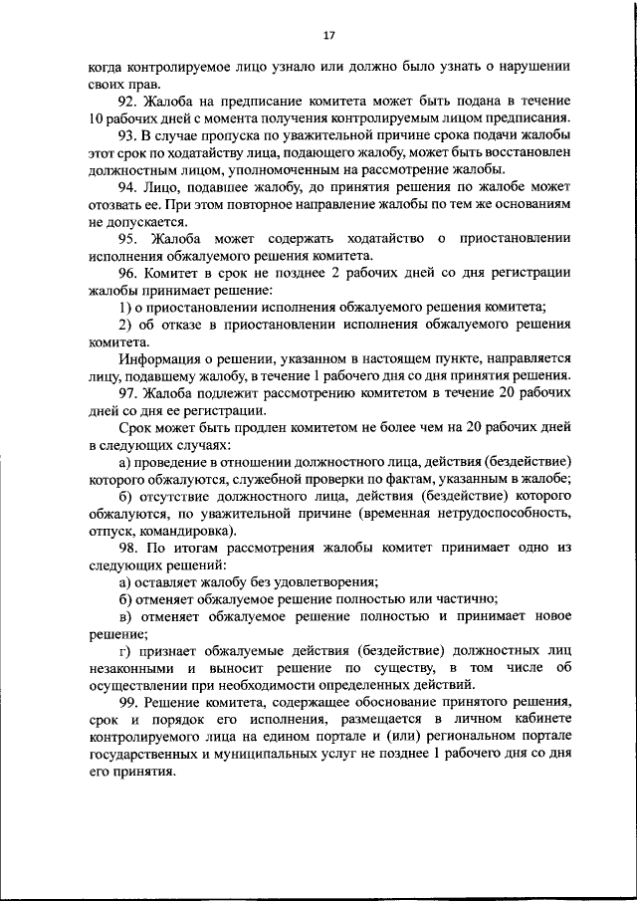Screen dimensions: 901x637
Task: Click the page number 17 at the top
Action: (329, 37)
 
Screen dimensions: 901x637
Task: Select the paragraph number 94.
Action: (129, 186)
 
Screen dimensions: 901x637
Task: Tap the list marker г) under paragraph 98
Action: (124, 649)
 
